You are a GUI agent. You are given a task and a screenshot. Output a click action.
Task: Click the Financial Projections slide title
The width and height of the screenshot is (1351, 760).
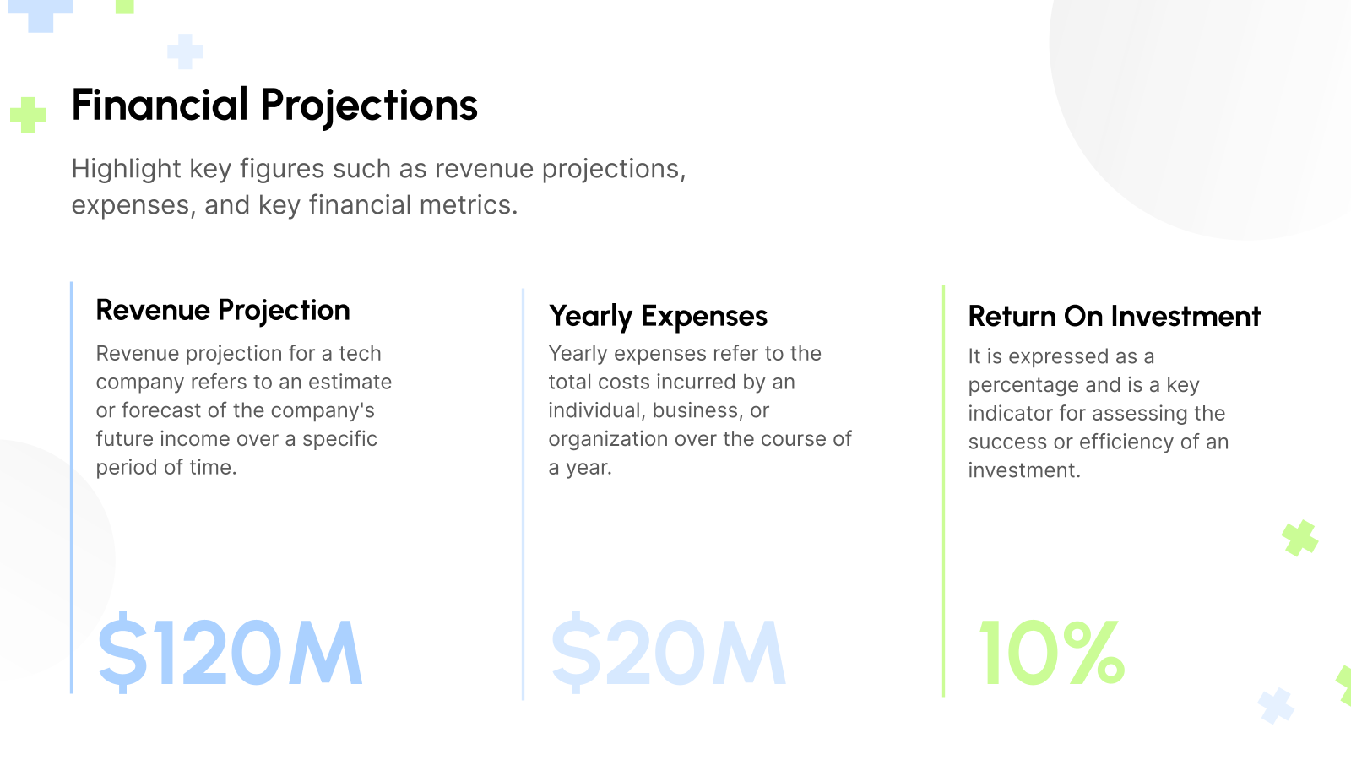(x=274, y=106)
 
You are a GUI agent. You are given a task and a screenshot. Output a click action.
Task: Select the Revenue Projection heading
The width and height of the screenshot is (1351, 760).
(x=223, y=310)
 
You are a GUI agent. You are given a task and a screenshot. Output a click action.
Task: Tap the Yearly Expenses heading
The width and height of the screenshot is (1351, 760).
(x=658, y=316)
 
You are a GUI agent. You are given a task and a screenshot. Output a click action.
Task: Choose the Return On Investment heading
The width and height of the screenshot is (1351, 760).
(x=1114, y=316)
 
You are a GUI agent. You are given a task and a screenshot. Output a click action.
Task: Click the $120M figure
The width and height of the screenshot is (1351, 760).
(x=230, y=652)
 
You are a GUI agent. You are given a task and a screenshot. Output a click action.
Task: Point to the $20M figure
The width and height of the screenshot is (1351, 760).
(x=668, y=652)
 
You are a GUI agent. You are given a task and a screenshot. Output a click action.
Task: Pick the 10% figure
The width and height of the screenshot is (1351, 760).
(x=1051, y=652)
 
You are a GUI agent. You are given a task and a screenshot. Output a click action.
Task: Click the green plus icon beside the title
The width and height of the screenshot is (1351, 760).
(x=28, y=115)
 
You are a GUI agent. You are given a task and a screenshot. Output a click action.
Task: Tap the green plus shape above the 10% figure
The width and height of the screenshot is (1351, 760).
(x=1299, y=538)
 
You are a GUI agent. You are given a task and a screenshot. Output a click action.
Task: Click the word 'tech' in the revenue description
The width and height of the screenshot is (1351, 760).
(x=361, y=353)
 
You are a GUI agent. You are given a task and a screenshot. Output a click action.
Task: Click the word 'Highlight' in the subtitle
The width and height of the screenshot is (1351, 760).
(x=127, y=169)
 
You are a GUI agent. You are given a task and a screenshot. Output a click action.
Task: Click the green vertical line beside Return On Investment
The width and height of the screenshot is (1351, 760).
(x=943, y=490)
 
